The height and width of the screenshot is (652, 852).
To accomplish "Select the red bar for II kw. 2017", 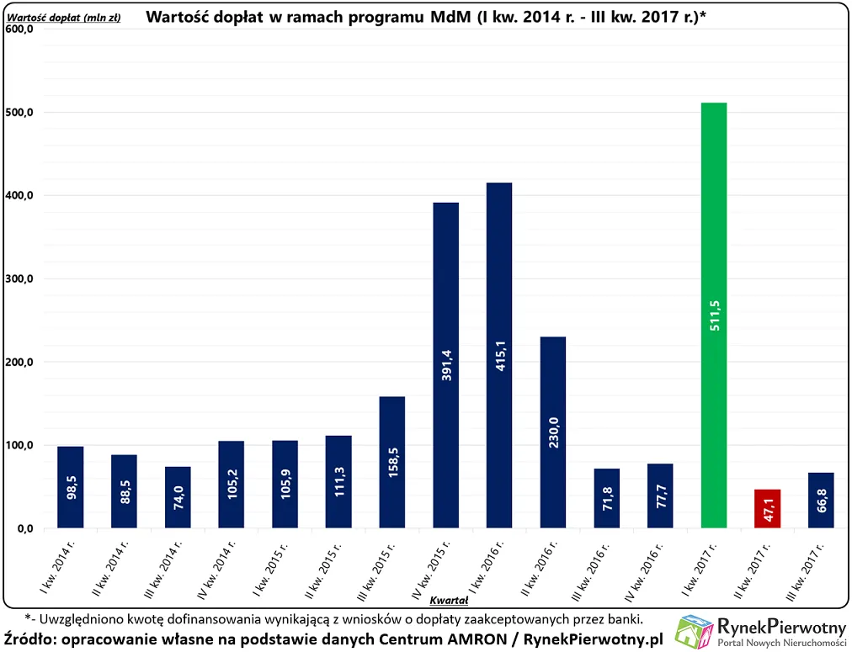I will coord(767,509).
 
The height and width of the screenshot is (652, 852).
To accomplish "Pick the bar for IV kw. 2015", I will coord(445,365).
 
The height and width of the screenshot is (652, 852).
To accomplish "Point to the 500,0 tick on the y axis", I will coord(19,113).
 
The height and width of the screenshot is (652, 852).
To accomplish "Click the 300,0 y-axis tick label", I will coord(19,279).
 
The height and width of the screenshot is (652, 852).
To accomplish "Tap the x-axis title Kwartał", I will coord(449,600).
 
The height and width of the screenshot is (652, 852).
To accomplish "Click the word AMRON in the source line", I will coord(473,639).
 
